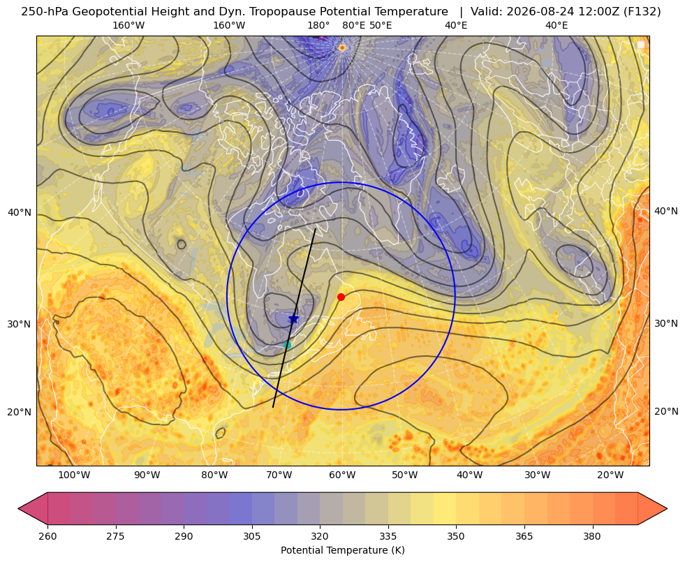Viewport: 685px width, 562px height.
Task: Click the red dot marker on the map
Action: click(341, 297)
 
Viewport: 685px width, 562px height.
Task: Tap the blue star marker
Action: click(293, 319)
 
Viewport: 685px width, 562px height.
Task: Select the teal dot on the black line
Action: click(287, 345)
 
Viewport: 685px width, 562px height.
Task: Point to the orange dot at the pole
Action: click(342, 47)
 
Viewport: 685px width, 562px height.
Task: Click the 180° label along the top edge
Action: click(318, 25)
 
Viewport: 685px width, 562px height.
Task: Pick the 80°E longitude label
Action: click(353, 25)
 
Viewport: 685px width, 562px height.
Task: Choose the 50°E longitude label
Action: click(381, 25)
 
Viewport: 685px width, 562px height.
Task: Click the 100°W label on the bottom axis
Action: click(74, 475)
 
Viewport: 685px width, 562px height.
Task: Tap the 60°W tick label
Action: click(342, 475)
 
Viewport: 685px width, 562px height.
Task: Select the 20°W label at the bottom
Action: click(610, 475)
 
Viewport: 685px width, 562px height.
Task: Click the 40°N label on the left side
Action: click(20, 213)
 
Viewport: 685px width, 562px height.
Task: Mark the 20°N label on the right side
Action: click(666, 411)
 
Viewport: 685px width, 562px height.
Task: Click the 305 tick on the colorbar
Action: click(251, 536)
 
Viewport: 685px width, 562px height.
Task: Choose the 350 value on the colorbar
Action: click(456, 536)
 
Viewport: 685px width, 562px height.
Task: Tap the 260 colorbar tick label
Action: click(47, 536)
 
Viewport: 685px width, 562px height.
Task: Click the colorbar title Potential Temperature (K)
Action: click(342, 550)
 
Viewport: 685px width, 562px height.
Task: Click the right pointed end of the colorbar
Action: click(667, 508)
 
